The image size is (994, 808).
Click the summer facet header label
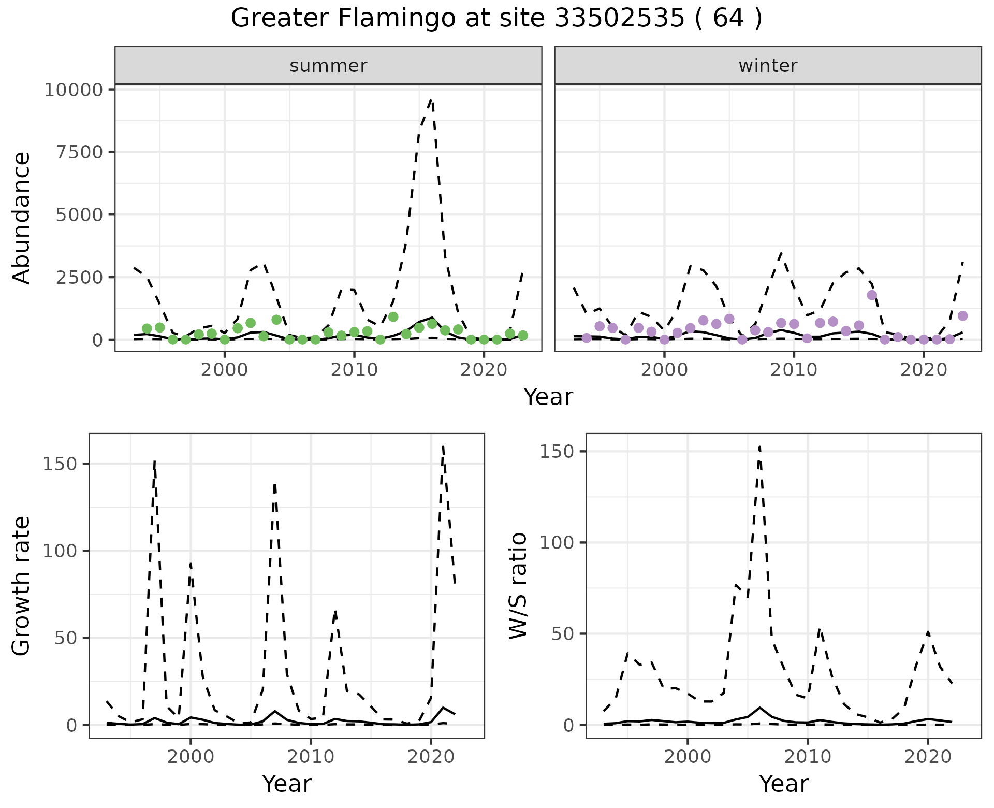328,66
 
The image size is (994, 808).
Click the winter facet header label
768,66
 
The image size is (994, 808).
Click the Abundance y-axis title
22,218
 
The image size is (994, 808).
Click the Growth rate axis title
22,586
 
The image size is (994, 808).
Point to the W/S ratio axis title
518,586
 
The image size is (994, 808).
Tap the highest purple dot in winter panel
872,295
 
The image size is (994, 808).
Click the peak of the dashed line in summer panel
431,100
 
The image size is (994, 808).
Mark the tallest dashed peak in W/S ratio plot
759,446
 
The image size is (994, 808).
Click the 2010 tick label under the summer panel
354,370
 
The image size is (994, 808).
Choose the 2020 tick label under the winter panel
924,370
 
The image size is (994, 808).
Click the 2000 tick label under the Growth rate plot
191,757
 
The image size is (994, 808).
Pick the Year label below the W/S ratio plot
783,784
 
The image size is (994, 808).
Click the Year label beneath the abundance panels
548,397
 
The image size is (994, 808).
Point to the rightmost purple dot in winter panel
962,316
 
